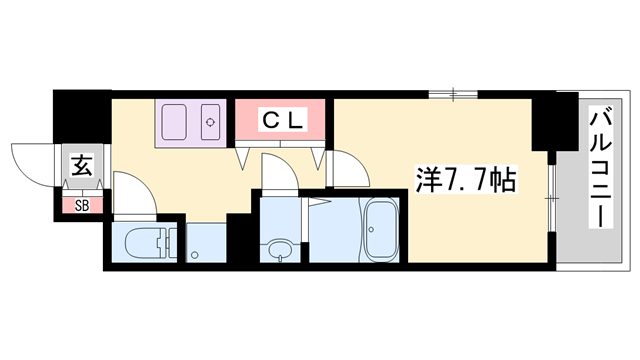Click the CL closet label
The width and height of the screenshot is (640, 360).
[x=283, y=118]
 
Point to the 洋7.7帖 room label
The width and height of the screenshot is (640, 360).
[x=466, y=181]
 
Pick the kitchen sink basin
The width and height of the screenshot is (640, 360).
[x=178, y=122]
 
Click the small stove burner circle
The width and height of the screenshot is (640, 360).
[x=211, y=123]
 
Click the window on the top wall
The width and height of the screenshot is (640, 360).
[x=455, y=95]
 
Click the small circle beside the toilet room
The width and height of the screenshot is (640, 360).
[x=195, y=256]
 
